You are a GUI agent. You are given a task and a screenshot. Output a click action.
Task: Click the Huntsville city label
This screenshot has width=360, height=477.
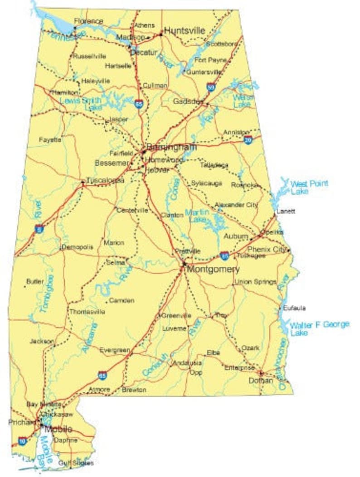coord(184,31)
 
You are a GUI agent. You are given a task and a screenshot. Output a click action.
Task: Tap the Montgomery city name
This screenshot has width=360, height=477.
coord(213,269)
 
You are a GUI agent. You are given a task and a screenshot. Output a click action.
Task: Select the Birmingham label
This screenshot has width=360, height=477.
coord(171,147)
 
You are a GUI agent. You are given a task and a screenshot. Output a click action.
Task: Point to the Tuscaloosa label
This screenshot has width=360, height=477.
coord(105,180)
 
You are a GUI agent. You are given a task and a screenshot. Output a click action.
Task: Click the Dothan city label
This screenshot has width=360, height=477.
coord(261,381)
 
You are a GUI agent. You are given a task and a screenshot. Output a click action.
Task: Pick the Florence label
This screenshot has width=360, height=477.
coord(88,21)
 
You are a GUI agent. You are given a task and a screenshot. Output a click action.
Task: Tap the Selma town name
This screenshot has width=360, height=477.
coord(115,262)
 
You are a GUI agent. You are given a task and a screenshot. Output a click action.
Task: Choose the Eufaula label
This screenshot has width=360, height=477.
coord(294,308)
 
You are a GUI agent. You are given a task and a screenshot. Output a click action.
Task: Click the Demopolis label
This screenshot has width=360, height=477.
coord(77,247)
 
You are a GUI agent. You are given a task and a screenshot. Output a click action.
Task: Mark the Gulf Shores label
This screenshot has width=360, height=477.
coord(76,463)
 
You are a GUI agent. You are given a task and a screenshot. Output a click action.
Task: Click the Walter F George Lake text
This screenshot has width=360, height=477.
coord(320,328)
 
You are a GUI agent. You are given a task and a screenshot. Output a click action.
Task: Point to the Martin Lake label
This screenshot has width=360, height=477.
coord(197,216)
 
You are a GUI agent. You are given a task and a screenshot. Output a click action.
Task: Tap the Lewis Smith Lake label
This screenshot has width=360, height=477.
coord(81,104)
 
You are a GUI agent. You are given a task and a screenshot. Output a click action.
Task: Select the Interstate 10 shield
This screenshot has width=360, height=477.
coord(22,441)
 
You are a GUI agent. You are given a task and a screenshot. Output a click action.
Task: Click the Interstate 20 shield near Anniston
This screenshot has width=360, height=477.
coord(248,140)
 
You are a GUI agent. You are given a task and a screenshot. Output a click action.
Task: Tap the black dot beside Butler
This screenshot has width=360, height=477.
coord(24,287)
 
